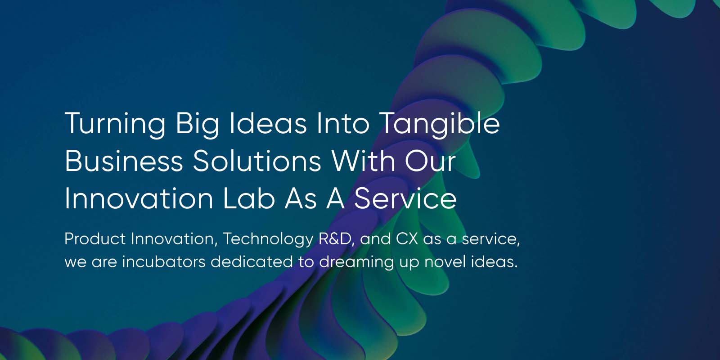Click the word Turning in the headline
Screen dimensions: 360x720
115,124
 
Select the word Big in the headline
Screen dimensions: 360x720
197,124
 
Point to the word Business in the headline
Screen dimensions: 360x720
124,161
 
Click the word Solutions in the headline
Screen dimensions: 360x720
257,161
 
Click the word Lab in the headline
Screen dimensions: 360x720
249,198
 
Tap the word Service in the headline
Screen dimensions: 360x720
405,198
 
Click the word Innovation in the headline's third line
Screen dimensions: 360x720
139,198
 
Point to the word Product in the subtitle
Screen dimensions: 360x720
95,238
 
